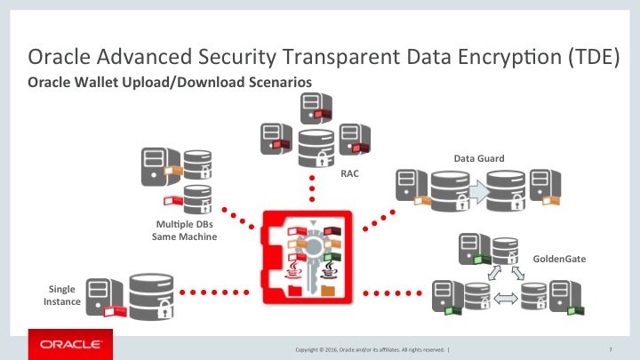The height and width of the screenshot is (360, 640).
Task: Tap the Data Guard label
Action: [479, 158]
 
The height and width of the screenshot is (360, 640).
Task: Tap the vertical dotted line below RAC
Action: [312, 188]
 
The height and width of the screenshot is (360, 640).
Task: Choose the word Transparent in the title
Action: [311, 59]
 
